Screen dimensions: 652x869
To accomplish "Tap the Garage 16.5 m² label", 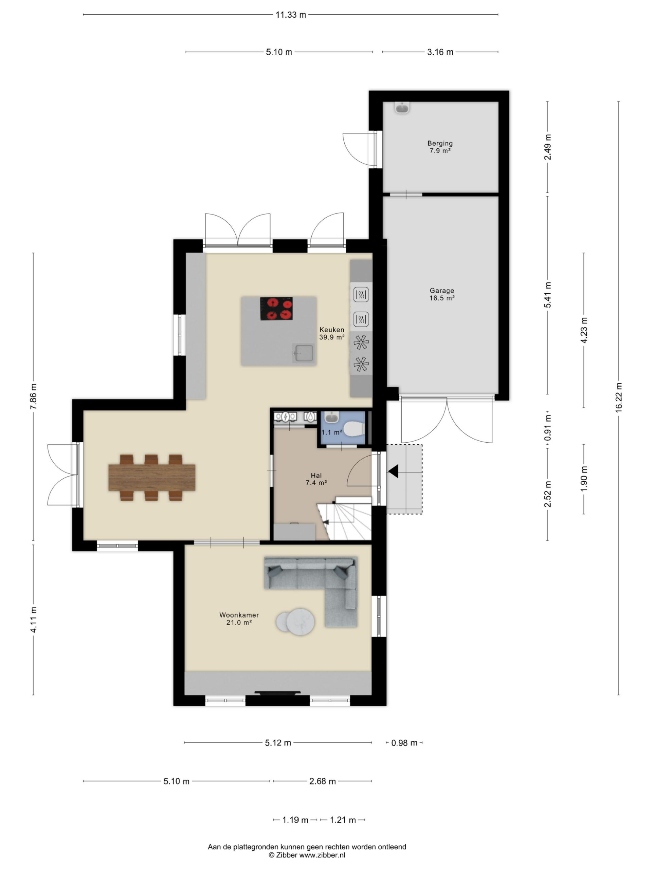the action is pos(442,294).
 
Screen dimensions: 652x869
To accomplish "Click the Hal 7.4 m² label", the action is pos(316,479).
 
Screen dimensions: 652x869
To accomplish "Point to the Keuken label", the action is pos(332,330).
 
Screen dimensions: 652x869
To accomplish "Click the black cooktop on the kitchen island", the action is pos(276,308).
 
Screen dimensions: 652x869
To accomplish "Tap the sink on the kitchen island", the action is pos(303,353).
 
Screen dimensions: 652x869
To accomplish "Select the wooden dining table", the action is pos(152,477).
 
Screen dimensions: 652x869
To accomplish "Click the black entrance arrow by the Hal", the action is pos(393,471).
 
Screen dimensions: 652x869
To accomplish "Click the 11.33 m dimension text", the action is pos(290,15).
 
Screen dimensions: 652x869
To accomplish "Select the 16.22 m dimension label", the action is pos(619,397).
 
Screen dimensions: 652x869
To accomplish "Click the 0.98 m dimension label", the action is pos(404,742).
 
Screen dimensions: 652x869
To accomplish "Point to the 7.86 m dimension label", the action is pos(33,396).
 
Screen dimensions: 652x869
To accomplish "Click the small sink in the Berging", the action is pos(402,107).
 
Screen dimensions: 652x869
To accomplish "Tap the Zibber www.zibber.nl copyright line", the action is pos(307,855).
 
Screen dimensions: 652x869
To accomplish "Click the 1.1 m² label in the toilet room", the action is pos(332,432).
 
